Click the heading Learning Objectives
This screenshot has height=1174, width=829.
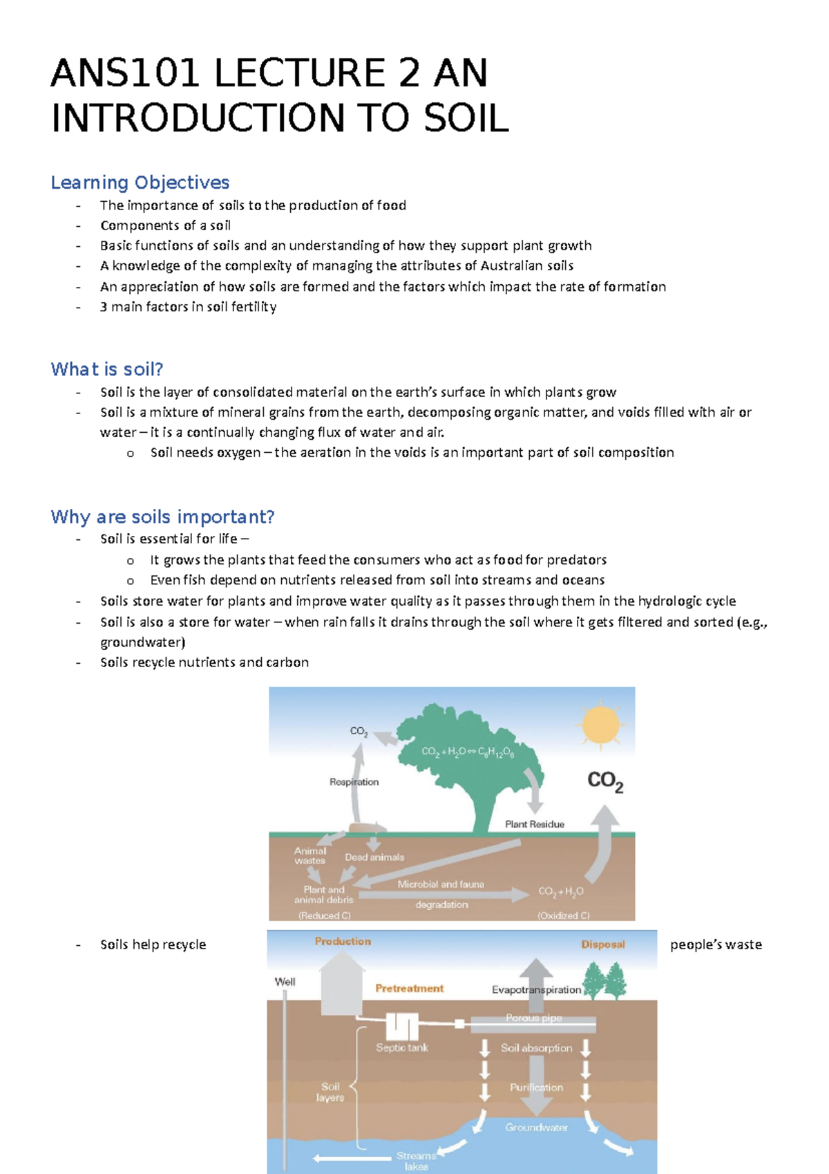[x=140, y=183]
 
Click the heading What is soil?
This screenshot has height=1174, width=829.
[x=106, y=369]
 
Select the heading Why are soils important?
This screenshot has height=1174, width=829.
[x=162, y=516]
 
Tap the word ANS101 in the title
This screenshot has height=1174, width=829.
[x=126, y=74]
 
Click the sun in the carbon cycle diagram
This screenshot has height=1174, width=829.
[x=600, y=724]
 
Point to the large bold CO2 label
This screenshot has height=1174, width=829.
[x=605, y=781]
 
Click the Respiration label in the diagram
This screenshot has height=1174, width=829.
[x=354, y=782]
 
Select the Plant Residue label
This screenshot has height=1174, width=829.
[x=534, y=824]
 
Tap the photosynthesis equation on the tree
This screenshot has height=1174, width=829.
[x=468, y=752]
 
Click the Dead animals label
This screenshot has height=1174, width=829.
[x=374, y=857]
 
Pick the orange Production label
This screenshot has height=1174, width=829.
[x=343, y=942]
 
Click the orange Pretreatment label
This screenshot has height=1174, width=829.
[x=409, y=989]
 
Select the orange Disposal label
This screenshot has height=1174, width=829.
[x=602, y=944]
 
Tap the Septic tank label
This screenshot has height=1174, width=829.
[x=401, y=1047]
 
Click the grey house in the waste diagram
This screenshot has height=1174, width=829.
[x=341, y=985]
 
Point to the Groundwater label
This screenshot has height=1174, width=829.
[x=536, y=1127]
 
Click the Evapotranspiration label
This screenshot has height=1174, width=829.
[x=536, y=990]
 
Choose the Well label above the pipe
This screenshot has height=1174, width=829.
[x=285, y=982]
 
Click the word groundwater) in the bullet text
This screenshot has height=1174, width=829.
[x=142, y=642]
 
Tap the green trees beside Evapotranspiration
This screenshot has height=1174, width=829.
[x=604, y=980]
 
